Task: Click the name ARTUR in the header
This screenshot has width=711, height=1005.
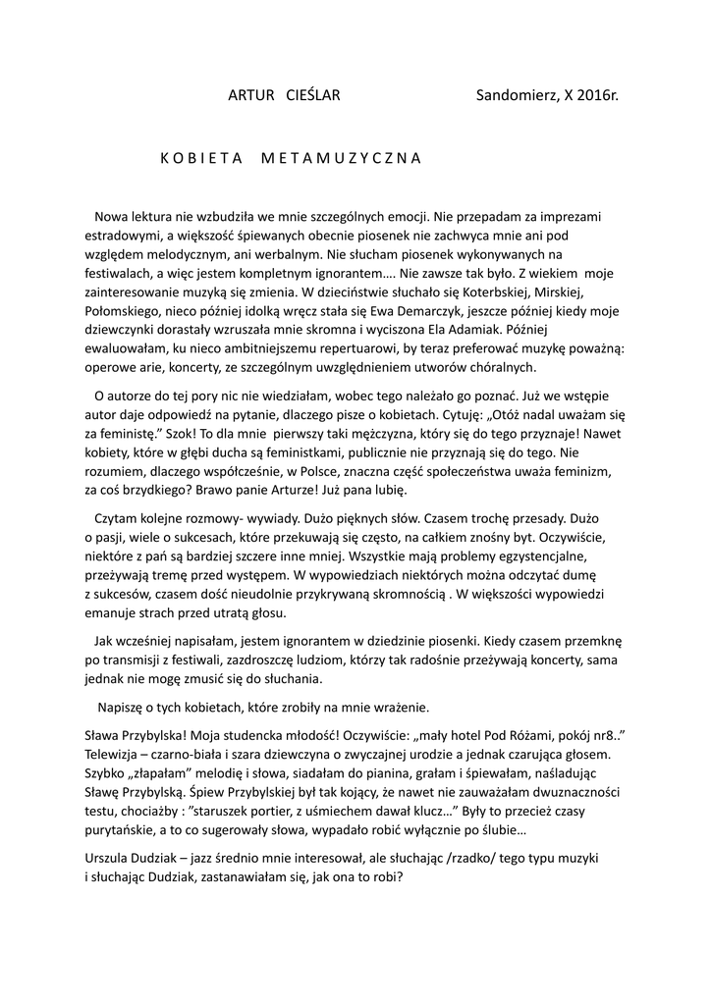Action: point(249,96)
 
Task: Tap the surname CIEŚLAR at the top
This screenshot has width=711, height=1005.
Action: point(312,96)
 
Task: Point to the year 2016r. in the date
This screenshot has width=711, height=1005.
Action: point(598,96)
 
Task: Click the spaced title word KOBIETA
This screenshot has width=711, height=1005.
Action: point(200,157)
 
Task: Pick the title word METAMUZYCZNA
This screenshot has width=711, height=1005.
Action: point(341,157)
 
